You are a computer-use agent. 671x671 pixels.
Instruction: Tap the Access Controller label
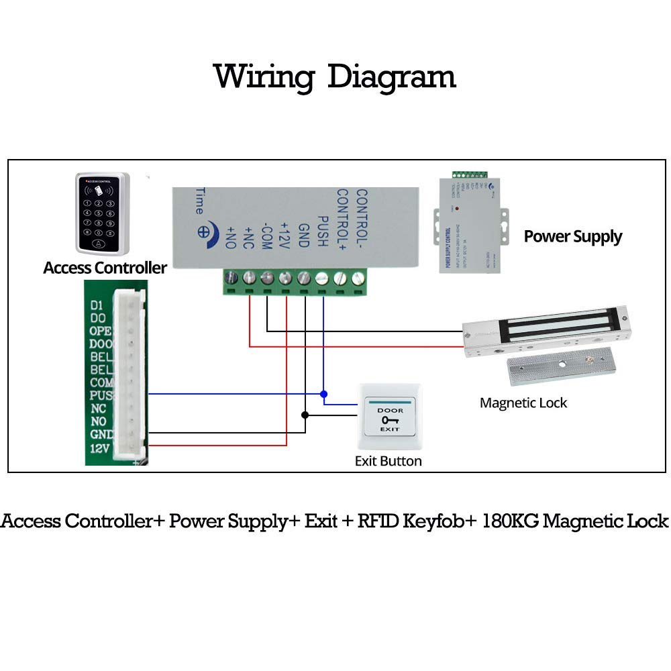click(105, 268)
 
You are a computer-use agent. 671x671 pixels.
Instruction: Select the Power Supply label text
click(572, 236)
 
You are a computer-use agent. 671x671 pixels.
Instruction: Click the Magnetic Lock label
click(523, 403)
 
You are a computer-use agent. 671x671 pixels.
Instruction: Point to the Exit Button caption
click(388, 461)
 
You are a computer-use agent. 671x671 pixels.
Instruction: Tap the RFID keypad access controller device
click(102, 213)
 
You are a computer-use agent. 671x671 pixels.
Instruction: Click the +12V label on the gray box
click(285, 235)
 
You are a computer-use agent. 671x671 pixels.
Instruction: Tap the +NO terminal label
click(231, 238)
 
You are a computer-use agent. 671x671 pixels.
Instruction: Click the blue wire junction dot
click(324, 393)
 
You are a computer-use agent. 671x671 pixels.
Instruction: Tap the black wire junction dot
click(305, 415)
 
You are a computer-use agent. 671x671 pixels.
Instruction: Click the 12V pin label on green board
click(99, 448)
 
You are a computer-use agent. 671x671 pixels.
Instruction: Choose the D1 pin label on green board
click(97, 304)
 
